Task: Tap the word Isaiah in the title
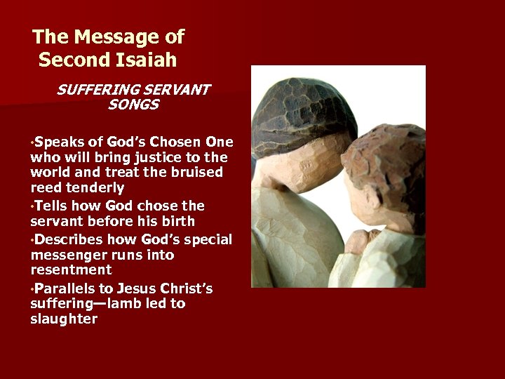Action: [x=147, y=60]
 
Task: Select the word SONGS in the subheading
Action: [x=133, y=105]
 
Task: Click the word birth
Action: [x=184, y=222]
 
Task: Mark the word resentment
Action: [x=71, y=270]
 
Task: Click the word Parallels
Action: [x=65, y=288]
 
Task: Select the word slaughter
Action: [x=64, y=319]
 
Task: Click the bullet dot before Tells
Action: [x=32, y=207]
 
